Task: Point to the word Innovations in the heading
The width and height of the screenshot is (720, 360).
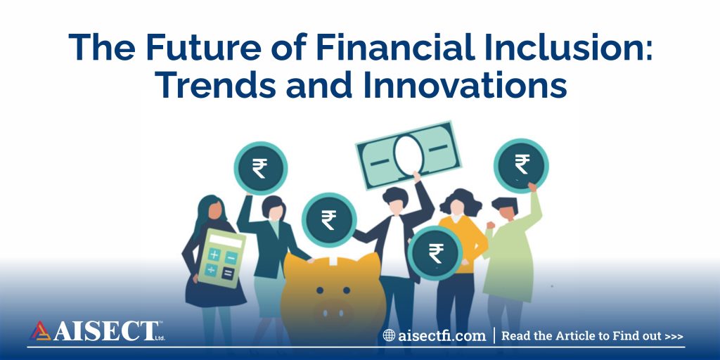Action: (x=465, y=85)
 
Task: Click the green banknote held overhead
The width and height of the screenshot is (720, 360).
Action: (x=409, y=155)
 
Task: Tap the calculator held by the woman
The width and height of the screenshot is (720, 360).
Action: (x=221, y=258)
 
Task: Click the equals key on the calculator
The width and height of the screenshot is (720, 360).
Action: (x=227, y=274)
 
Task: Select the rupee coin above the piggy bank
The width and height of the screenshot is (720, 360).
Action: (x=329, y=219)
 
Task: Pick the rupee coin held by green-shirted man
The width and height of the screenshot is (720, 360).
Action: (x=521, y=165)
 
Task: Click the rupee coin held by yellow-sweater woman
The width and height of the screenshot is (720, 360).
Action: (x=435, y=253)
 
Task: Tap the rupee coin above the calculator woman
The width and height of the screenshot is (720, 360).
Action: (x=260, y=168)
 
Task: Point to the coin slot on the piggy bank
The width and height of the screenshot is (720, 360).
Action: (x=333, y=262)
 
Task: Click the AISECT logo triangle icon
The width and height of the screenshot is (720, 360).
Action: (x=40, y=330)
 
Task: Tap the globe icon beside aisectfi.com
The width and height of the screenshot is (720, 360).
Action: (x=389, y=335)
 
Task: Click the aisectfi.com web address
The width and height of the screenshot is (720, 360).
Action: (x=442, y=335)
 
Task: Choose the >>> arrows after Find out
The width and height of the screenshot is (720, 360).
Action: (x=673, y=336)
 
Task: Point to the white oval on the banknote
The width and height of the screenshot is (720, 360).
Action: (x=408, y=155)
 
